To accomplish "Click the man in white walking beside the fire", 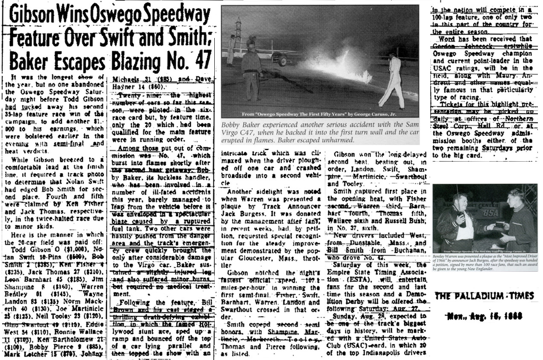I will [393, 81].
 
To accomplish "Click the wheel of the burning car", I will [282, 60].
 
